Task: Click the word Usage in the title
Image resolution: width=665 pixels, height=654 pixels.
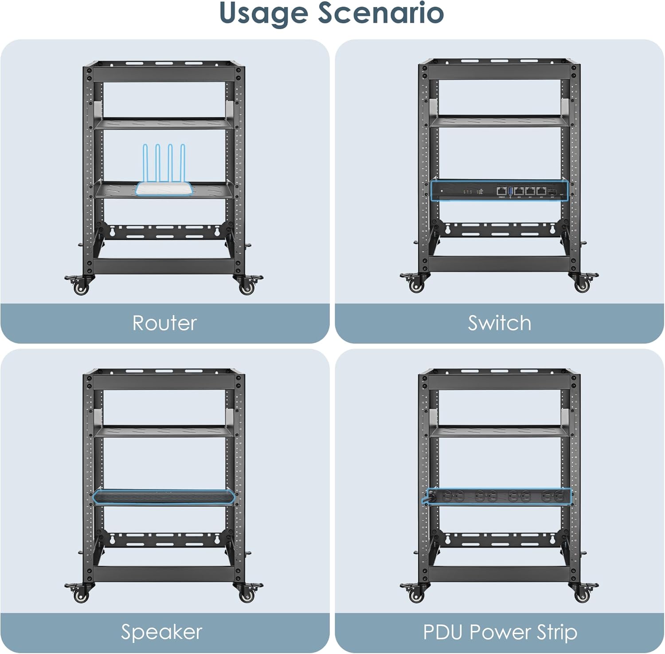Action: tap(264, 13)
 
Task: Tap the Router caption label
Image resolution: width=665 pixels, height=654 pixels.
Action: tap(164, 323)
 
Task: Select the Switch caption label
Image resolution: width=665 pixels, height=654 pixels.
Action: tap(500, 323)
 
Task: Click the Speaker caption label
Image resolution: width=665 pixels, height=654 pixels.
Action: tap(161, 632)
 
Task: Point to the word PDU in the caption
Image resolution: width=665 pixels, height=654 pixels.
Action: tap(443, 632)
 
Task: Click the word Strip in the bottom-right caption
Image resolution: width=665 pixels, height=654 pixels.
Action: tap(557, 632)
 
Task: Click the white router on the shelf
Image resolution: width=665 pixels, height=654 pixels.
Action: tap(164, 188)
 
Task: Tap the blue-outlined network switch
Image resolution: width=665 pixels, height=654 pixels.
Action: tap(499, 190)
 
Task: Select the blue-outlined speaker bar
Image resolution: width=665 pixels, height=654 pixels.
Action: tap(164, 497)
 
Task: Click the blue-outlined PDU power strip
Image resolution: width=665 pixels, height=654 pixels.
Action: tap(497, 496)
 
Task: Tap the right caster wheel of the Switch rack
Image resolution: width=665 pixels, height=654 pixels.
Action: tap(582, 286)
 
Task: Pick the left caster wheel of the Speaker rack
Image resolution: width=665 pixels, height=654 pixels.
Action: tap(81, 596)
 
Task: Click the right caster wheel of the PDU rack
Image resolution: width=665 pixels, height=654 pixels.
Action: tap(582, 595)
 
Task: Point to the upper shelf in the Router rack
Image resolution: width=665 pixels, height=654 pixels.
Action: tap(164, 123)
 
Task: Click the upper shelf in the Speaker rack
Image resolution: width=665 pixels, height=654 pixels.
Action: tap(164, 431)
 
